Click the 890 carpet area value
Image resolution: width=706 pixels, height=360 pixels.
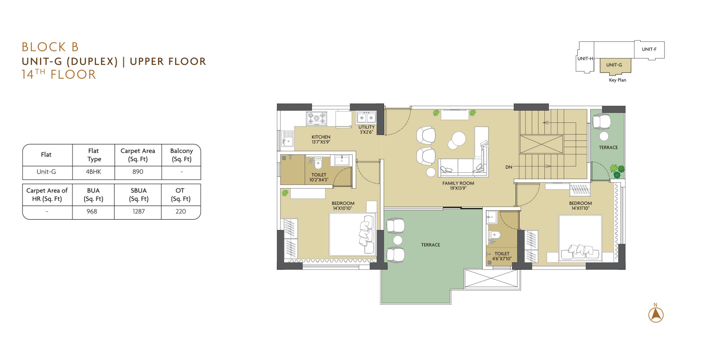pyautogui.click(x=138, y=171)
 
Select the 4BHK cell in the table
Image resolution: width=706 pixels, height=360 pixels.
pyautogui.click(x=94, y=171)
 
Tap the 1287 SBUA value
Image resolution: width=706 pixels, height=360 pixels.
pyautogui.click(x=139, y=211)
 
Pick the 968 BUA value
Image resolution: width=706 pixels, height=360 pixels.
pyautogui.click(x=92, y=211)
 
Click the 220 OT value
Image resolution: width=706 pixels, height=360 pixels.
pyautogui.click(x=181, y=211)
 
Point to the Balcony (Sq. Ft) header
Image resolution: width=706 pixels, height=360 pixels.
pyautogui.click(x=181, y=155)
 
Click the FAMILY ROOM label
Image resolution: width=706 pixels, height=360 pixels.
pyautogui.click(x=458, y=183)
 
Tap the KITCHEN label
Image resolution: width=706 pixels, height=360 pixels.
pyautogui.click(x=321, y=137)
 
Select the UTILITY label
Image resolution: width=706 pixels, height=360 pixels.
pyautogui.click(x=366, y=127)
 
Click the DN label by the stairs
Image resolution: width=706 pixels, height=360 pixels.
pyautogui.click(x=509, y=167)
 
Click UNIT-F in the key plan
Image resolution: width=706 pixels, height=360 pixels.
pyautogui.click(x=649, y=49)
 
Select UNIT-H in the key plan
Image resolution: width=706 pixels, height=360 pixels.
pyautogui.click(x=585, y=58)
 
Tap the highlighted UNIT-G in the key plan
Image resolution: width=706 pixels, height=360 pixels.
pyautogui.click(x=614, y=65)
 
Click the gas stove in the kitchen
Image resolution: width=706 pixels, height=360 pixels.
pyautogui.click(x=316, y=119)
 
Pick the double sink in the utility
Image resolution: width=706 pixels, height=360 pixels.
pyautogui.click(x=366, y=117)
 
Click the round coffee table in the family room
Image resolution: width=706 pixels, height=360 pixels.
pyautogui.click(x=458, y=139)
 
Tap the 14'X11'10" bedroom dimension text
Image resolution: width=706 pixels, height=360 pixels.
pyautogui.click(x=580, y=208)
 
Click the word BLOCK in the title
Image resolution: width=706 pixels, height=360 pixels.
pyautogui.click(x=44, y=47)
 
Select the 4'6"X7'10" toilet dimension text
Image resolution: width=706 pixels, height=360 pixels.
pyautogui.click(x=502, y=259)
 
